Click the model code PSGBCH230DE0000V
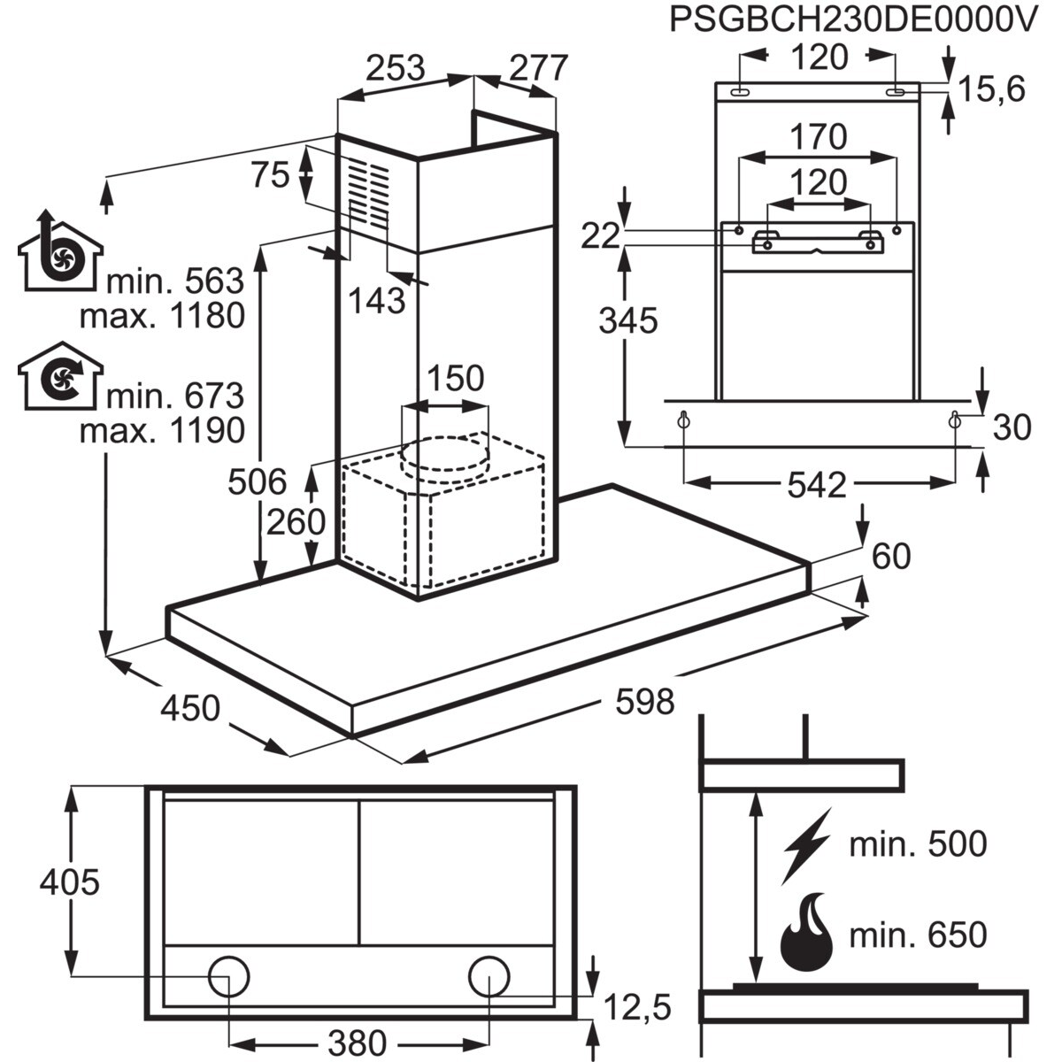pos(853,20)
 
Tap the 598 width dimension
pos(644,702)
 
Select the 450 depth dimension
pos(190,708)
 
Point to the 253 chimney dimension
pos(396,68)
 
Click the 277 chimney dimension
pos(538,68)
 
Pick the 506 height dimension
pos(258,481)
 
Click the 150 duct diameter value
pos(455,378)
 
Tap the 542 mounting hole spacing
pos(816,486)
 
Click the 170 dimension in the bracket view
pos(819,136)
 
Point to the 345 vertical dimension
pos(628,320)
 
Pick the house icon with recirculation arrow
pos(61,376)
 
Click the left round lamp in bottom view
pos(229,976)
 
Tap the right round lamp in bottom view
pos(489,976)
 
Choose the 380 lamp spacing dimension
pos(358,1027)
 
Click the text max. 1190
pos(162,430)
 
